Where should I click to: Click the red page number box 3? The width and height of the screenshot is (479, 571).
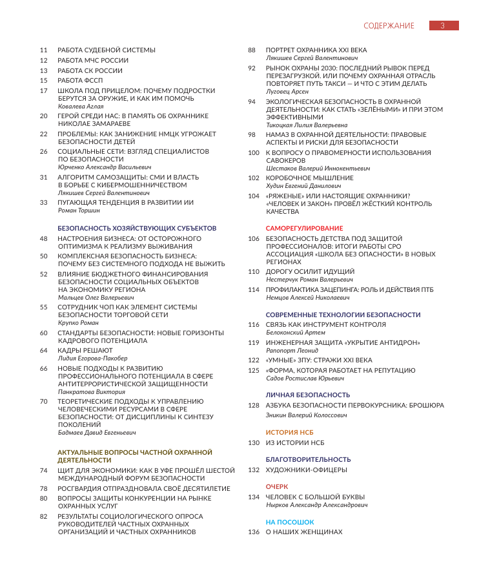[x=443, y=26]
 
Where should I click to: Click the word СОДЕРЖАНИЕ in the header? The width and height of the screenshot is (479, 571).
[x=389, y=26]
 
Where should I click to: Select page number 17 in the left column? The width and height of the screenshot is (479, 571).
[x=44, y=91]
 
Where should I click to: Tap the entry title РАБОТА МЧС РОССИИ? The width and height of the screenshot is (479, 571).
[x=93, y=60]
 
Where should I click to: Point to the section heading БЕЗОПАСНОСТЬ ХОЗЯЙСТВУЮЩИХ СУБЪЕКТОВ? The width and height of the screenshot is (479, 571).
[x=137, y=228]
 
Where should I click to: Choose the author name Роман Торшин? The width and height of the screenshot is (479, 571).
[x=76, y=210]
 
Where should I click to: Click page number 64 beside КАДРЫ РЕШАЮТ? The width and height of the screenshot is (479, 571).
[x=44, y=350]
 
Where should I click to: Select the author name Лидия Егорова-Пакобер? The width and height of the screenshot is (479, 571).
[x=92, y=358]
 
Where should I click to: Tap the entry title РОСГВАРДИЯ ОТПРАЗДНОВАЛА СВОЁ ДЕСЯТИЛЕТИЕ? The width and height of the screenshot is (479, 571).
[x=143, y=488]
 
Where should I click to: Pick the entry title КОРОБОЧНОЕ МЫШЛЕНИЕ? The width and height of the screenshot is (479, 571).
[x=310, y=178]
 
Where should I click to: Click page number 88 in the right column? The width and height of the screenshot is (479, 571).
[x=252, y=50]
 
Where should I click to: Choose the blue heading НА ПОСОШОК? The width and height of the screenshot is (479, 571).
[x=290, y=521]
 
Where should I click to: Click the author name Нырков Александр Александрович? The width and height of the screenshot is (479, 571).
[x=317, y=504]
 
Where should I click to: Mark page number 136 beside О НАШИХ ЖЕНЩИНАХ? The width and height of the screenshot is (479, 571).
[x=253, y=532]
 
